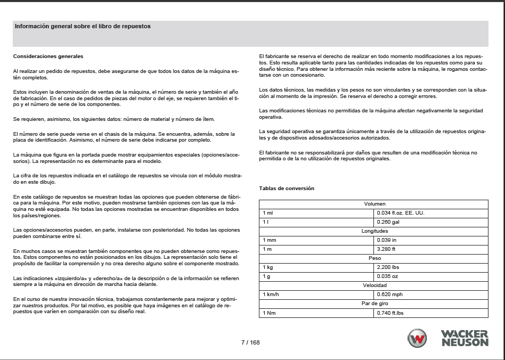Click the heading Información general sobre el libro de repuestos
point(83,26)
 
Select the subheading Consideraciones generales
point(48,56)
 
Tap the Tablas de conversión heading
point(287,188)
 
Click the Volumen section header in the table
point(374,204)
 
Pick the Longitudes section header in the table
point(374,231)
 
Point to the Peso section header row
point(374,258)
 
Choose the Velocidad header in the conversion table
point(374,285)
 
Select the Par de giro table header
point(374,304)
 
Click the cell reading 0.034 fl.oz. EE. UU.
point(400,213)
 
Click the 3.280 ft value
point(386,249)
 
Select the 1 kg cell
point(267,267)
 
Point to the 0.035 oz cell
point(387,276)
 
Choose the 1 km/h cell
point(271,294)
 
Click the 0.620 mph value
point(389,294)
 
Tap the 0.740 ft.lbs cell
point(390,313)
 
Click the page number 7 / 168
point(250,342)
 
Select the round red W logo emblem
point(417,338)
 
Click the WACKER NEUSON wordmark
point(464,338)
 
